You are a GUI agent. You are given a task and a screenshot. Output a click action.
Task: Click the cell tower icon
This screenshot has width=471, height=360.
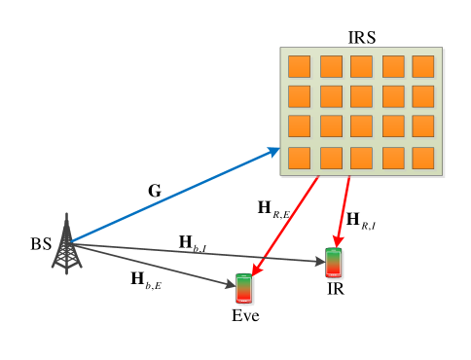[66, 247]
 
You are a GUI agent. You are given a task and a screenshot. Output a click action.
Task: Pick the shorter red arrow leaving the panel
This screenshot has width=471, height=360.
[344, 210]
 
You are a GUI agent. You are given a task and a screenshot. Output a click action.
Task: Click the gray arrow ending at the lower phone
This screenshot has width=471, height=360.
[156, 266]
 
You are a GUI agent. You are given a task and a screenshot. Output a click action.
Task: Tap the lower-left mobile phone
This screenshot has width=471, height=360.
[244, 289]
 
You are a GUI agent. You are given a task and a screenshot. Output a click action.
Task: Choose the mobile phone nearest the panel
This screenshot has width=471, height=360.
[334, 264]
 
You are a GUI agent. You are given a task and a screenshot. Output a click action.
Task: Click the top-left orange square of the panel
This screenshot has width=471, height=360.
[299, 66]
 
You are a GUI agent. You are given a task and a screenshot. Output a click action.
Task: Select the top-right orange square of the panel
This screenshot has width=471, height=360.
[423, 66]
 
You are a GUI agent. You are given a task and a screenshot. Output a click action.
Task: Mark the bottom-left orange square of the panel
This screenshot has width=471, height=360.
[299, 158]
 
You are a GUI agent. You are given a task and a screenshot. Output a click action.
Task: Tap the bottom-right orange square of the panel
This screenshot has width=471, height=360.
[423, 158]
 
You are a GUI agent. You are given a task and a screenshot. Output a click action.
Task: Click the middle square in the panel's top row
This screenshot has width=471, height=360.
[361, 66]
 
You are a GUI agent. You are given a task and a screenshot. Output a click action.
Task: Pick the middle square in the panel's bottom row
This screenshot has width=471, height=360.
[361, 158]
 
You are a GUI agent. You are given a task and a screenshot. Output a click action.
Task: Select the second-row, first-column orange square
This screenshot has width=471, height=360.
[299, 96]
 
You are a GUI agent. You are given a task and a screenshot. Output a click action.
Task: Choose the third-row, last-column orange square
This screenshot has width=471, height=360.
[423, 126]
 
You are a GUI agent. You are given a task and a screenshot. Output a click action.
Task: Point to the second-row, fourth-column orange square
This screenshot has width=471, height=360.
[393, 96]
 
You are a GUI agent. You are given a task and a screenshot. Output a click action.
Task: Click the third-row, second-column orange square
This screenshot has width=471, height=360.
[331, 126]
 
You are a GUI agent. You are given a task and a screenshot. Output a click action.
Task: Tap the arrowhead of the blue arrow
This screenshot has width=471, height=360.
[276, 150]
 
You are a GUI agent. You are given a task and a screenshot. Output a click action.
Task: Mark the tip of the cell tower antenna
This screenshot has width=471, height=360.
[66, 214]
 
